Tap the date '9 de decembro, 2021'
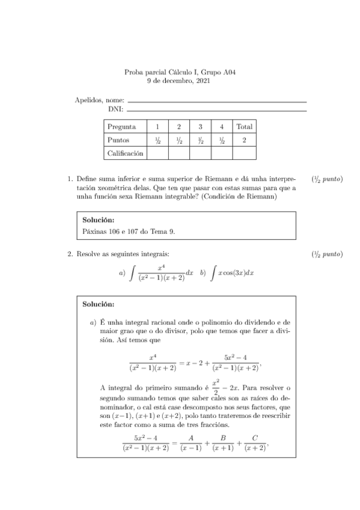click(178, 81)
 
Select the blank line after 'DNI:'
click(216, 110)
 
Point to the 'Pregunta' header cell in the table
click(121, 127)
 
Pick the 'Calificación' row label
click(125, 153)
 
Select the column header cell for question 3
click(200, 127)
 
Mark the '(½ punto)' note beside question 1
click(328, 179)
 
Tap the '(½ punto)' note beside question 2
click(328, 254)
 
